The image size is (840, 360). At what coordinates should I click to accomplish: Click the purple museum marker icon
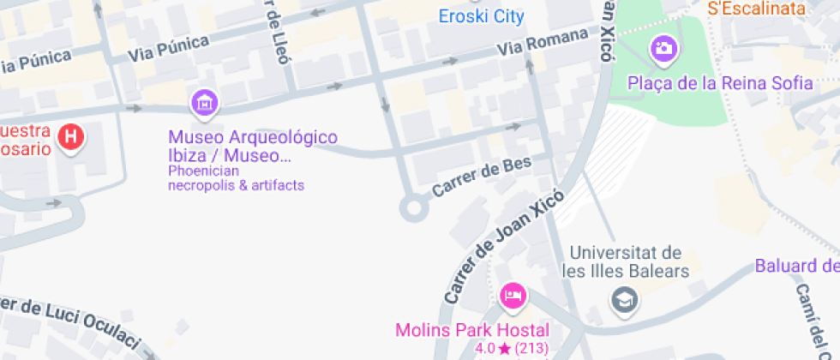pyautogui.click(x=205, y=104)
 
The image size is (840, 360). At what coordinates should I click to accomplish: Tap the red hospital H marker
pyautogui.click(x=73, y=135)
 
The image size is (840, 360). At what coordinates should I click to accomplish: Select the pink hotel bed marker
pyautogui.click(x=513, y=297)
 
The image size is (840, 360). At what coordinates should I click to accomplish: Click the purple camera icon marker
pyautogui.click(x=663, y=48)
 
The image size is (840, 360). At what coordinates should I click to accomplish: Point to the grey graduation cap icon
pyautogui.click(x=624, y=299)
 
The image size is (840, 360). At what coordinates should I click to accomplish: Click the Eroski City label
pyautogui.click(x=481, y=16)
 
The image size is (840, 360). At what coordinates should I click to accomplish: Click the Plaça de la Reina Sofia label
pyautogui.click(x=720, y=83)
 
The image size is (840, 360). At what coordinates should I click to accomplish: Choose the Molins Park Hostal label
pyautogui.click(x=471, y=330)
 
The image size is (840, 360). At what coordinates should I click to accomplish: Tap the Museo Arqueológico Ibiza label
pyautogui.click(x=253, y=147)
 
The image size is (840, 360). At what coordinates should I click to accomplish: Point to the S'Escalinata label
pyautogui.click(x=757, y=9)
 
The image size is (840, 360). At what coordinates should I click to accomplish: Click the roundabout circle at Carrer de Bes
pyautogui.click(x=414, y=207)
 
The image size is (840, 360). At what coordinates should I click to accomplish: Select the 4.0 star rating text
pyautogui.click(x=513, y=349)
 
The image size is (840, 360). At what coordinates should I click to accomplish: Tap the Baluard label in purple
pyautogui.click(x=796, y=266)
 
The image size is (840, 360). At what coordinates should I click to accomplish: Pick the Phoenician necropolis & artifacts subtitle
pyautogui.click(x=237, y=177)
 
